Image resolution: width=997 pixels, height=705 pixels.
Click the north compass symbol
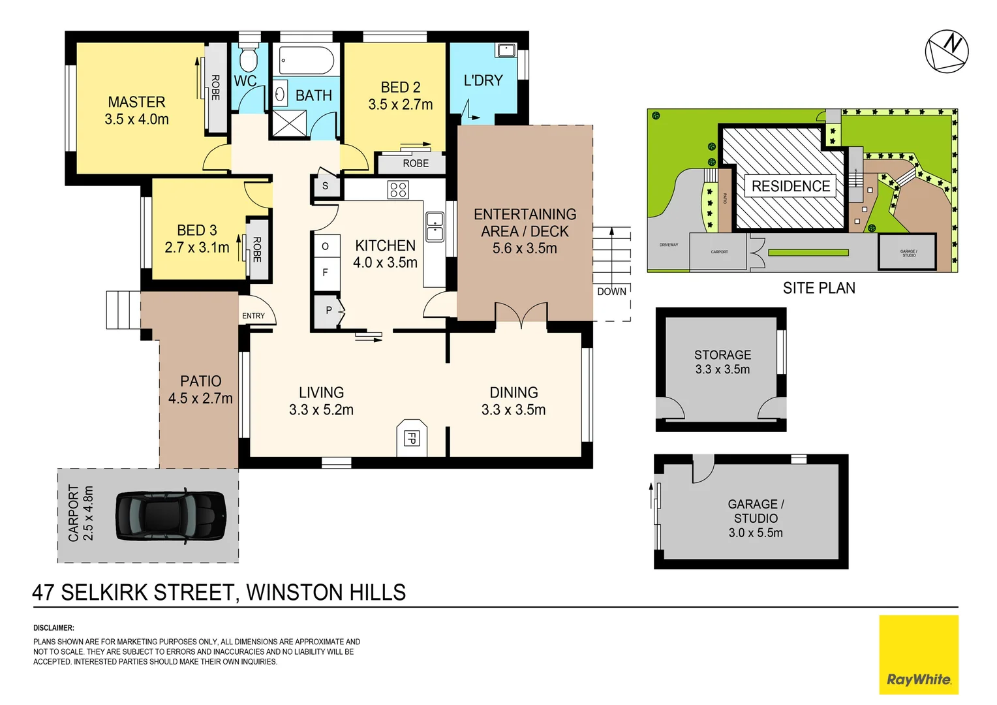[x=946, y=51]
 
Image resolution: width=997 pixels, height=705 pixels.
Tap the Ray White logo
[x=918, y=655]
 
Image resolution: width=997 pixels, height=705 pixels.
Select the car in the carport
[x=171, y=515]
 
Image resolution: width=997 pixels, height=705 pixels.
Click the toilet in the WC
[x=248, y=59]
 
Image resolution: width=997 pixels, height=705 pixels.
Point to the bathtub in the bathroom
[x=306, y=61]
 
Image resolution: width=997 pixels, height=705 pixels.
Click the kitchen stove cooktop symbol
[x=397, y=190]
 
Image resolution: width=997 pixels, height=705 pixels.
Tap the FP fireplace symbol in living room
[x=411, y=437]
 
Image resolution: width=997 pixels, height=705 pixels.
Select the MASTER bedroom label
[x=136, y=102]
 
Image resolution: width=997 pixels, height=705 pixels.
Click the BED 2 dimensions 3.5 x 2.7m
[x=400, y=104]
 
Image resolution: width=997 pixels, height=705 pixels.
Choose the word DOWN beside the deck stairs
[x=611, y=291]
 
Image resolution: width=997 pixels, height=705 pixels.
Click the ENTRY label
[x=253, y=316]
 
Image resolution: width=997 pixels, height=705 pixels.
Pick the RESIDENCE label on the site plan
[x=790, y=186]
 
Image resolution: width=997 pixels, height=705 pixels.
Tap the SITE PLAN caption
[x=818, y=288]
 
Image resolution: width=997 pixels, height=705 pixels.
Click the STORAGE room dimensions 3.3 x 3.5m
[x=722, y=369]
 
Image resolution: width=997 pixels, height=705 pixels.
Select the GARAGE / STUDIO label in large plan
[x=756, y=511]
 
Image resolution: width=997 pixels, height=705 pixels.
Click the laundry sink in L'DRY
[x=506, y=50]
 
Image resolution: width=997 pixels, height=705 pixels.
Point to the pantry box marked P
[x=329, y=311]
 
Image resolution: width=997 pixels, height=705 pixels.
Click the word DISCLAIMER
[x=54, y=628]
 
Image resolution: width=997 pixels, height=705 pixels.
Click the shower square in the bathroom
[x=288, y=123]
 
